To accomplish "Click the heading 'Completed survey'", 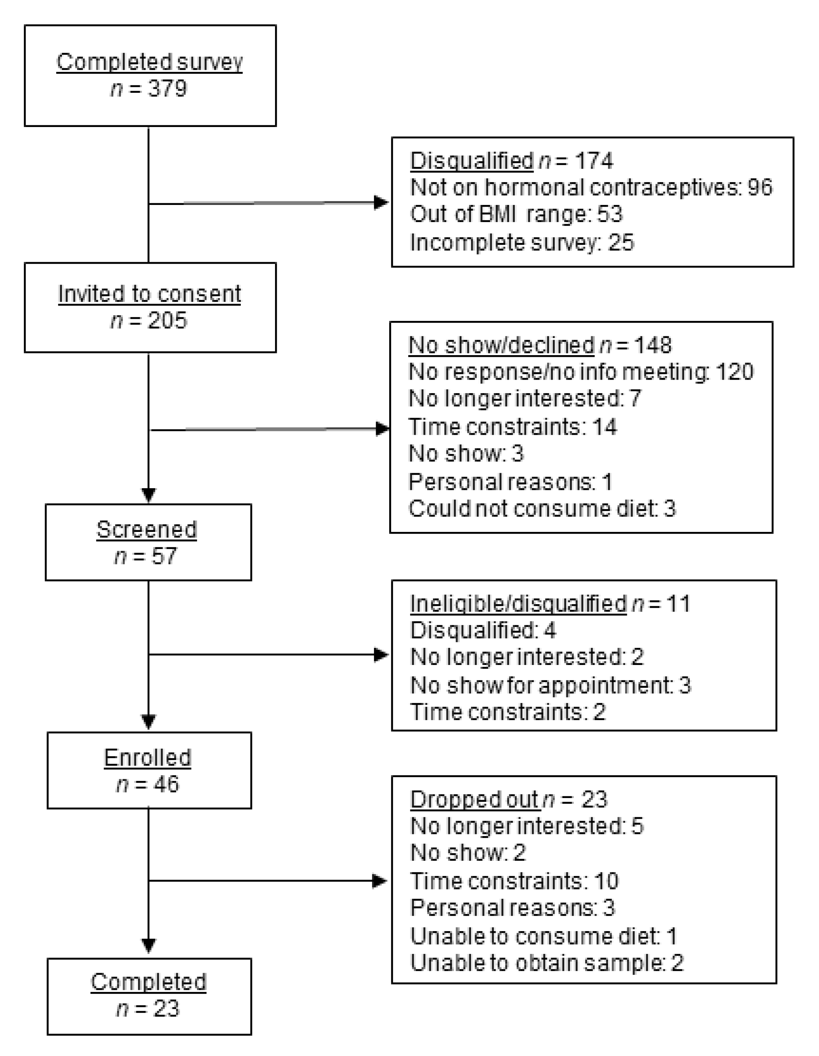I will coord(149,62).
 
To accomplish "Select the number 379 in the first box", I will coord(167,89).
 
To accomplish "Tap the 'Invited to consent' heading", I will coord(149,294).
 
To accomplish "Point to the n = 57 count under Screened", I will coord(146,556).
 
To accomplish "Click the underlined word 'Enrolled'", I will coord(147,757).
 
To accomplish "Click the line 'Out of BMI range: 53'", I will coord(516,214).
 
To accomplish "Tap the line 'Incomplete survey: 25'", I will coord(522,242).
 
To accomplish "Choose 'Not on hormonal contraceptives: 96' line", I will coord(591,187).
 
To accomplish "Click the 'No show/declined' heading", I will coord(501,345).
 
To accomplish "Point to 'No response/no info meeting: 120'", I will coord(581,372).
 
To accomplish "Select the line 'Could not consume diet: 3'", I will coord(542,509).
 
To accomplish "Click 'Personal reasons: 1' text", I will coord(511,482).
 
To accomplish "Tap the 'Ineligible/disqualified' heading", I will coord(518,604).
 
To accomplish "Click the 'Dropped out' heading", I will coord(474,799).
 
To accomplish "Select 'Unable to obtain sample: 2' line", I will coord(547,963).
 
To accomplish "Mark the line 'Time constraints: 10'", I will coord(514,881).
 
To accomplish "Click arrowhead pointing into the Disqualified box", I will coord(381,202).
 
